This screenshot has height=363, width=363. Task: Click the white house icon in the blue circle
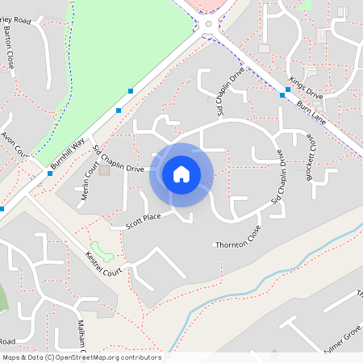[x=181, y=174]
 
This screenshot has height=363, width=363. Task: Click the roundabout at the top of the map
[x=209, y=24]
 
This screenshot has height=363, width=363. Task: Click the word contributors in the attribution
[x=140, y=357]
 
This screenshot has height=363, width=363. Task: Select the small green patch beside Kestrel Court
[x=102, y=249]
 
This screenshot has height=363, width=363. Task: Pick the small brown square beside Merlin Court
[x=103, y=170]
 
